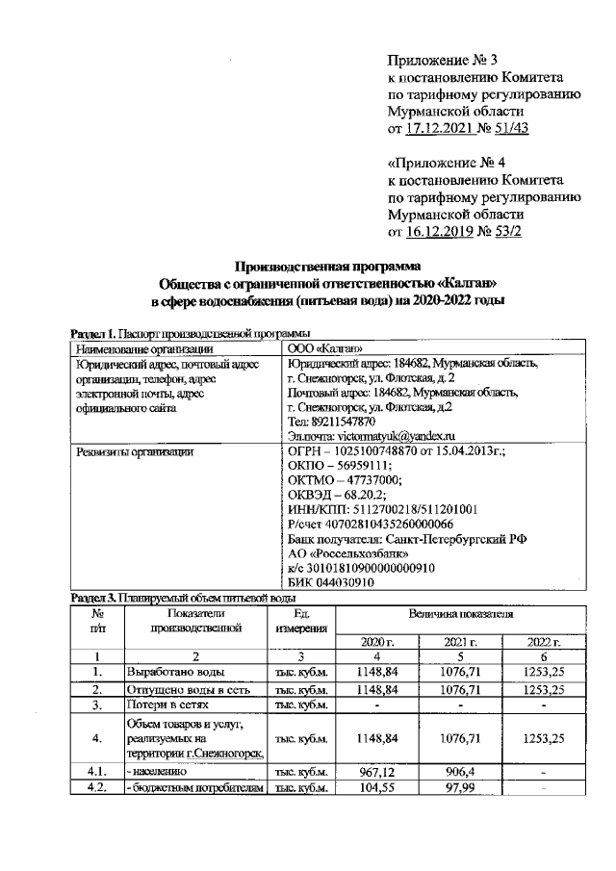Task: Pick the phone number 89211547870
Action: (x=347, y=421)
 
